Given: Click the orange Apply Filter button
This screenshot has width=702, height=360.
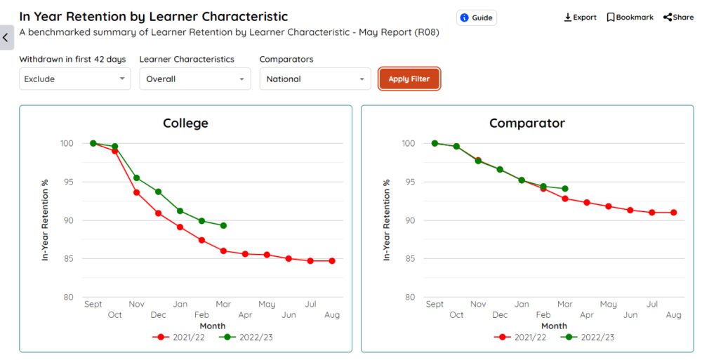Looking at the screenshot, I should point(409,79).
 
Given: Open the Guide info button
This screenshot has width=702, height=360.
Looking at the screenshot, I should point(477,18).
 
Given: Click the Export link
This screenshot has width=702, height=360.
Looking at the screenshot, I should point(580,18).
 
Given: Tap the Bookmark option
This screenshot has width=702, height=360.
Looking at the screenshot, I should point(630,18).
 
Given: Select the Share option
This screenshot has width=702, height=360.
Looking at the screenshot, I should point(678,18).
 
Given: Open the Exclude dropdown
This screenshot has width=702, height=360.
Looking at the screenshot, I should point(75,79).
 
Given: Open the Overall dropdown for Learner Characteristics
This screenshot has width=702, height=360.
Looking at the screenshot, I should point(194,79).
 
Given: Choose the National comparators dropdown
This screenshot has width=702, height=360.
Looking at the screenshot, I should point(314,79).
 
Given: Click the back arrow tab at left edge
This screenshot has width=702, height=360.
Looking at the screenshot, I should point(6,37).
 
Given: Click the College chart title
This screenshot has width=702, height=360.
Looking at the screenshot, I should point(185,124).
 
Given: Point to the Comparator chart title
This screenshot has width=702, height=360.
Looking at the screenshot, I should point(527,124).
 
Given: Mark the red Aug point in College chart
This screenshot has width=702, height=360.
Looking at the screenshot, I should point(332,261).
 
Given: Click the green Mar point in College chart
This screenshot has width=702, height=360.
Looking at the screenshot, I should point(223,225).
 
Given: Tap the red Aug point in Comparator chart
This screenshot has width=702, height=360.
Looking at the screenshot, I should point(674,212).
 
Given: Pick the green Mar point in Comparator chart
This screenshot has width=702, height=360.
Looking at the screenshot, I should point(565,188).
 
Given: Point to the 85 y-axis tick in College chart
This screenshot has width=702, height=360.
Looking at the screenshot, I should point(67,259).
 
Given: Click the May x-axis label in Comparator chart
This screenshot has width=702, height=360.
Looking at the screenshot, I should point(609,304).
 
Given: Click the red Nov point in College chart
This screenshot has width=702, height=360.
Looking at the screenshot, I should point(136,192).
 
